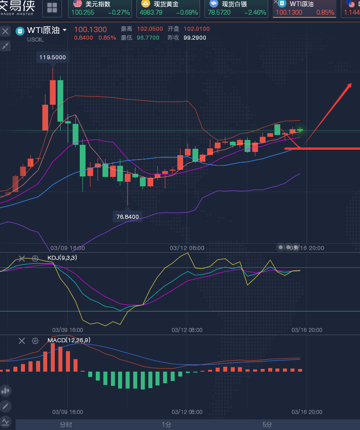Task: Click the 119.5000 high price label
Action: [53, 57]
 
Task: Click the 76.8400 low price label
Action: [127, 217]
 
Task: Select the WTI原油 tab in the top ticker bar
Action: [304, 8]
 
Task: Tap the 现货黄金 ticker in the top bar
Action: [168, 8]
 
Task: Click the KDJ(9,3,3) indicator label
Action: [62, 258]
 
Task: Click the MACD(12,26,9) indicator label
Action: [69, 340]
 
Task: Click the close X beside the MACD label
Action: [22, 341]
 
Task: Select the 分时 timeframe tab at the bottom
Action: [66, 425]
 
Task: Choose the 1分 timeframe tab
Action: [166, 425]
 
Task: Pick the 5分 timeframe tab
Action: [267, 425]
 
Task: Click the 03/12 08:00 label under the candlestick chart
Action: [187, 248]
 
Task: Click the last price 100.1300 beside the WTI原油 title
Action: [90, 29]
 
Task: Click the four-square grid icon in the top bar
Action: [52, 8]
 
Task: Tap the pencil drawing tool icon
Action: [5, 406]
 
